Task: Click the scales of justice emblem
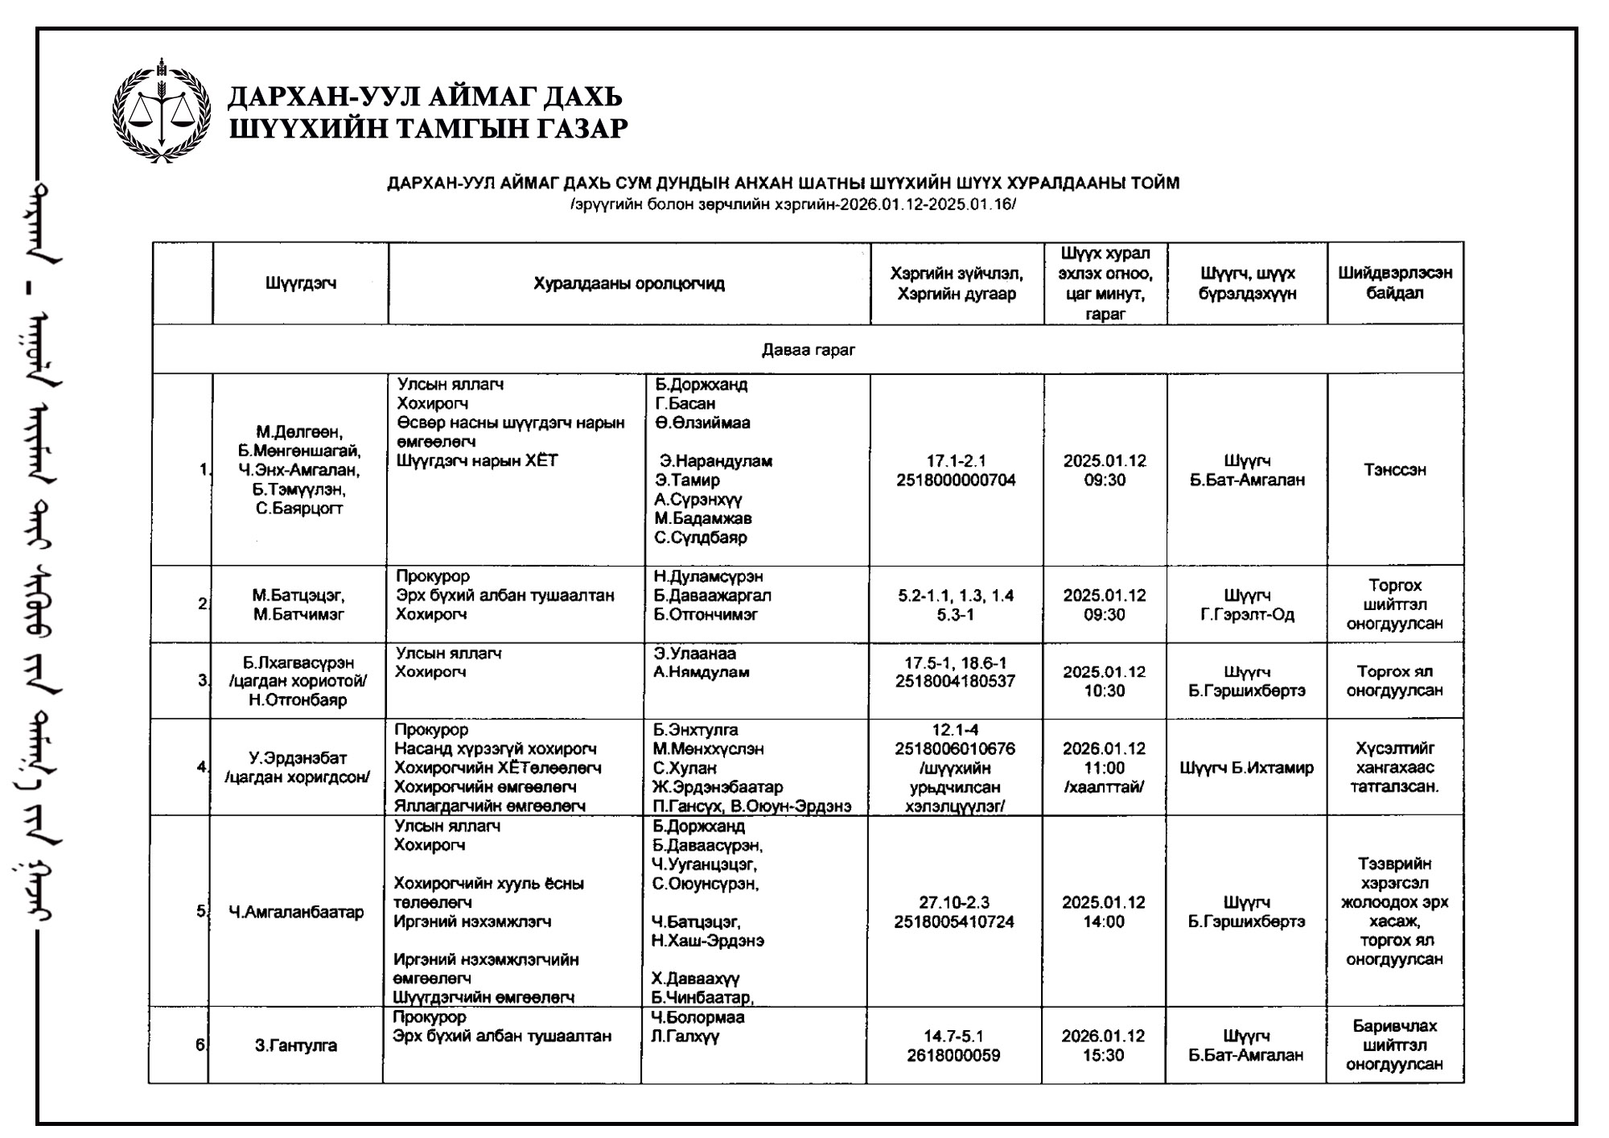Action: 161,110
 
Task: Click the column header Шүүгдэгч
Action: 300,283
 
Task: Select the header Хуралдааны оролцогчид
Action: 628,283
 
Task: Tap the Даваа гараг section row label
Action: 808,349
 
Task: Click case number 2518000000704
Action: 956,480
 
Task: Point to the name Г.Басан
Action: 685,403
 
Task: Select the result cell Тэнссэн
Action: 1394,470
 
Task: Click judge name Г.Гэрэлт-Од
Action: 1247,615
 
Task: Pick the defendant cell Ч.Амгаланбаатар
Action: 296,912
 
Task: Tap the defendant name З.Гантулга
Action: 295,1045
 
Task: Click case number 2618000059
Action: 954,1055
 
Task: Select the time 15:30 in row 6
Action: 1103,1055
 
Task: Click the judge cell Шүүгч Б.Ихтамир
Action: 1246,768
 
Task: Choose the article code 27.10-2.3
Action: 954,902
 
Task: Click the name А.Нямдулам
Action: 702,672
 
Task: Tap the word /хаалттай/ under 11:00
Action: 1104,787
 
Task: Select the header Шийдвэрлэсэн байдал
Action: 1394,282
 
